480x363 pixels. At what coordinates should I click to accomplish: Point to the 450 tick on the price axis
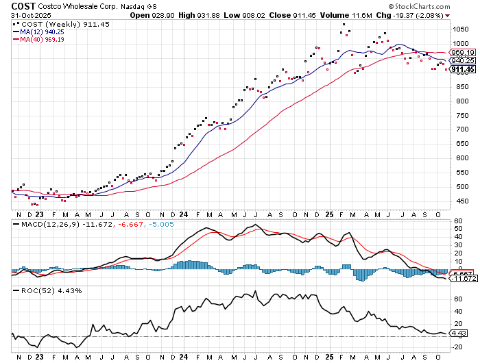[457, 201]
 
